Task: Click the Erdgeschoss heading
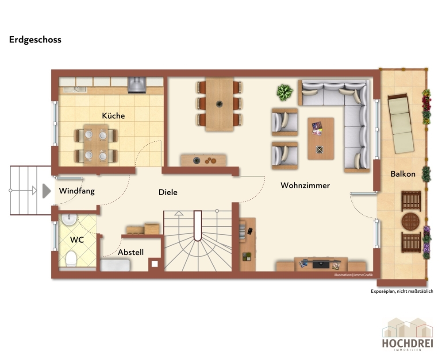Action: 35,40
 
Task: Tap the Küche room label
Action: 113,116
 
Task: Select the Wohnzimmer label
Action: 305,186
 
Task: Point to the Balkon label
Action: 403,174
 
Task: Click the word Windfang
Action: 77,191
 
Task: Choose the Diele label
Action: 168,192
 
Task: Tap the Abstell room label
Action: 131,252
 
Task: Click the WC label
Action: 77,240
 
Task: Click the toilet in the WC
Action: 71,259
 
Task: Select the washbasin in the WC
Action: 69,220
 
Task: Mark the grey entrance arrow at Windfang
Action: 46,191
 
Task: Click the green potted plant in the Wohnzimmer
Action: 284,92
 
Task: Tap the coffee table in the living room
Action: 321,139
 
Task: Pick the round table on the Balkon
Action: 411,221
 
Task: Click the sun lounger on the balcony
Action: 401,123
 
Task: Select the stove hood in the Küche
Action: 137,85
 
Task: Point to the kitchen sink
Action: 75,89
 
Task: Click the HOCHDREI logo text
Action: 407,343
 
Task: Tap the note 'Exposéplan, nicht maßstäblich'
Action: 402,291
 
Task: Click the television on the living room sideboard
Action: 321,264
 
